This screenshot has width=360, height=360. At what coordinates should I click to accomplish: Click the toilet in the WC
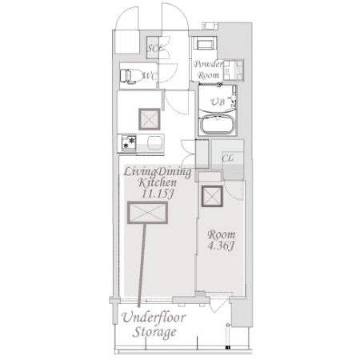(130, 76)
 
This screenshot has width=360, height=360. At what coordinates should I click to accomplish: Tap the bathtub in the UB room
(218, 125)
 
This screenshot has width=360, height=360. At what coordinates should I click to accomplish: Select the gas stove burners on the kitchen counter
(129, 143)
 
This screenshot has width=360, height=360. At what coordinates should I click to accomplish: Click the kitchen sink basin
(155, 143)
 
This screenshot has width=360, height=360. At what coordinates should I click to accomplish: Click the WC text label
(150, 76)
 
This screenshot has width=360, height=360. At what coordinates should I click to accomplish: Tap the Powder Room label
(208, 70)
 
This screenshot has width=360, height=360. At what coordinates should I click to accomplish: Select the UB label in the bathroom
(218, 102)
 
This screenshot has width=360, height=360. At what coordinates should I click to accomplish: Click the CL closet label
(227, 158)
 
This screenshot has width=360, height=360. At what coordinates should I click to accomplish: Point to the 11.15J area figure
(158, 194)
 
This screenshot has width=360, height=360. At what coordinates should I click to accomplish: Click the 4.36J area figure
(221, 246)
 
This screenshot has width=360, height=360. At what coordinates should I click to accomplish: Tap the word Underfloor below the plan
(154, 318)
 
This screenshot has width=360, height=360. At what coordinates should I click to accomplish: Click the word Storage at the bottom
(154, 332)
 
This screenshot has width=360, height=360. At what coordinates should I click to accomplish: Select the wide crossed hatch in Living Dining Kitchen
(147, 213)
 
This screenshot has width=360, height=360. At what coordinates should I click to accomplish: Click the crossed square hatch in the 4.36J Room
(212, 196)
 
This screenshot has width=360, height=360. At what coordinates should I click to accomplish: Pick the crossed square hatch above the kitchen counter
(150, 119)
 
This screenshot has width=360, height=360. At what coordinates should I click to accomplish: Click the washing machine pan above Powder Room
(205, 43)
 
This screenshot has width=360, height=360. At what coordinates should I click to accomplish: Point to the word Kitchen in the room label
(157, 183)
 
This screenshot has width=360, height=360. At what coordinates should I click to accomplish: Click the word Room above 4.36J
(222, 235)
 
